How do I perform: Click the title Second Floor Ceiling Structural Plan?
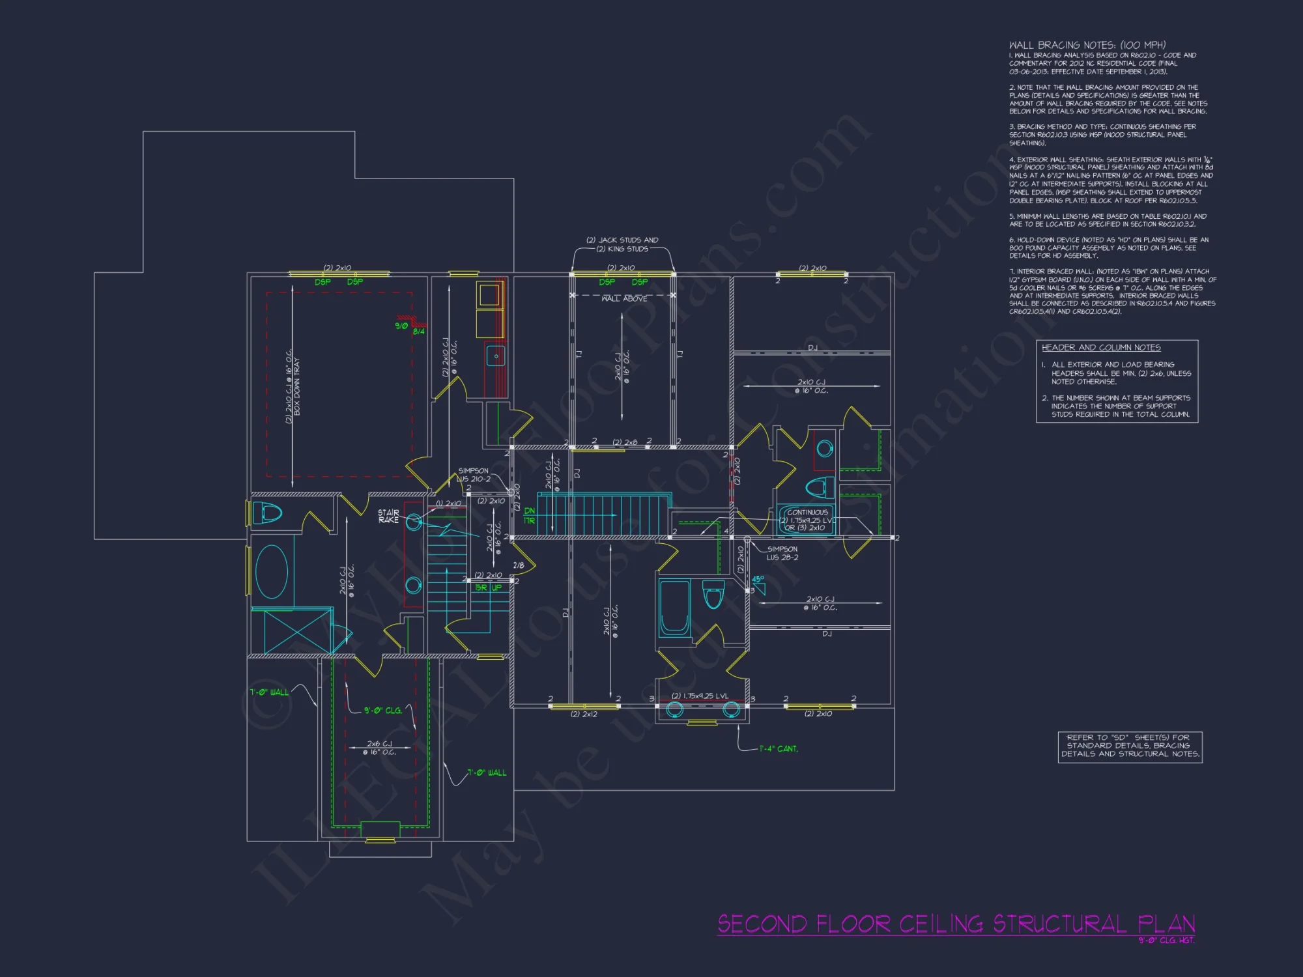956,924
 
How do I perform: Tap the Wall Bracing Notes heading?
1087,45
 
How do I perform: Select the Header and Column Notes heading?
1101,348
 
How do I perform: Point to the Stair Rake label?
388,516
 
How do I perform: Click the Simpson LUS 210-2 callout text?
474,475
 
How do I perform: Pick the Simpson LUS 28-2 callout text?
782,553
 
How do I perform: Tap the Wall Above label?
624,299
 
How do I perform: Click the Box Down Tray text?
297,386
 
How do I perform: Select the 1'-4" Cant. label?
779,749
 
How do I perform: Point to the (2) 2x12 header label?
584,715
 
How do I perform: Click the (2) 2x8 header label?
625,442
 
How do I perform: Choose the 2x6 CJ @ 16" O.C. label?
379,748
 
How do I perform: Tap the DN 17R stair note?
529,516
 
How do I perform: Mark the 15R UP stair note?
489,588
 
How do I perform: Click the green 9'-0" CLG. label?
382,711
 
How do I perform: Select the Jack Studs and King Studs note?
622,244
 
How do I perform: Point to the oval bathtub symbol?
272,571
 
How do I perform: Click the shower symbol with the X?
291,630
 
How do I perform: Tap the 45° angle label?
758,579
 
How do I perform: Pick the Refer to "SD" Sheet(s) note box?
1130,746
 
